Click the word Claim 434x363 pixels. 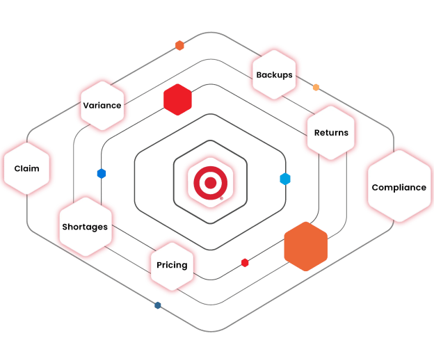[27, 168]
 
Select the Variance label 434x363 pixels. [102, 106]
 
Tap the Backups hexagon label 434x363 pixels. [274, 75]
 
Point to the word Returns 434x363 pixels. [331, 133]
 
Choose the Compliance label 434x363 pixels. [399, 188]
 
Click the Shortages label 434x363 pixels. [85, 227]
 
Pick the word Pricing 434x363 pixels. [172, 265]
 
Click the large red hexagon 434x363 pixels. [177, 99]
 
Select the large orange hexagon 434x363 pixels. [306, 246]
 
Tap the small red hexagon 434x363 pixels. [245, 263]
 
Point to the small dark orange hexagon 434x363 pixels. [179, 45]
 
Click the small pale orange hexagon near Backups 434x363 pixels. [316, 88]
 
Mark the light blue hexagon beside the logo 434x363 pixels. [285, 179]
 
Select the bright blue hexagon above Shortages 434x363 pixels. [102, 174]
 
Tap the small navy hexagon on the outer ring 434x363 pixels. [158, 305]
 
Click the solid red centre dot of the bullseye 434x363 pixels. [210, 183]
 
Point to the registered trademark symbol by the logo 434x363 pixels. [221, 198]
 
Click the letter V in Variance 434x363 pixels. [86, 106]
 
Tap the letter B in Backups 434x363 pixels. [259, 75]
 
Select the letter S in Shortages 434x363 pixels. [65, 227]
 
